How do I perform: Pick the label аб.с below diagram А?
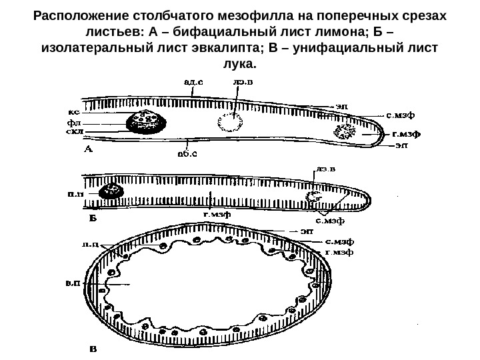point(187,155)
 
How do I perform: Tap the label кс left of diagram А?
point(74,112)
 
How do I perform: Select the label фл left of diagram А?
point(74,123)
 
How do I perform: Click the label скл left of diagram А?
point(74,132)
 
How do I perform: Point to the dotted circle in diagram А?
point(231,122)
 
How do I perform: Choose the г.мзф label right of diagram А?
point(405,134)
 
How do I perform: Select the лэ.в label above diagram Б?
point(326,169)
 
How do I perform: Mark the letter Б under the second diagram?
point(93,217)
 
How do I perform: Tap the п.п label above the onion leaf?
point(91,245)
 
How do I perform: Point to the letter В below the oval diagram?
point(93,347)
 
